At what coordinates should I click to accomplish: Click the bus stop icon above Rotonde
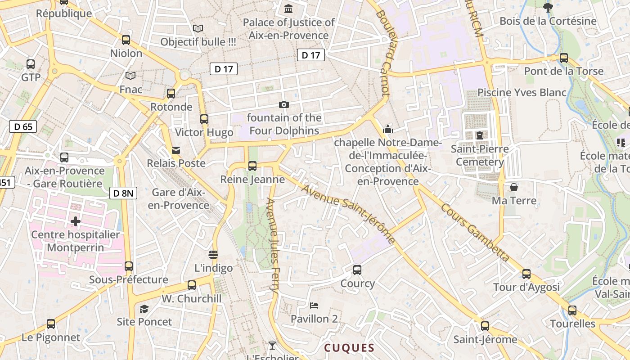pyautogui.click(x=171, y=94)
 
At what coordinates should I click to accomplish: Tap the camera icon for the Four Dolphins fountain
pyautogui.click(x=284, y=104)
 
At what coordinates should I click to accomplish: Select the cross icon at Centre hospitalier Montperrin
pyautogui.click(x=75, y=221)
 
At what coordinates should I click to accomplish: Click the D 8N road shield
pyautogui.click(x=123, y=193)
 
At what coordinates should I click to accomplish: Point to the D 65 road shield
pyautogui.click(x=23, y=126)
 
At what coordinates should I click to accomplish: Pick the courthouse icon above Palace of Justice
pyautogui.click(x=288, y=9)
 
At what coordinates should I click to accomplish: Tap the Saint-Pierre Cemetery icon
pyautogui.click(x=480, y=135)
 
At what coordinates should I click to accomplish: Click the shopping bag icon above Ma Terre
pyautogui.click(x=514, y=187)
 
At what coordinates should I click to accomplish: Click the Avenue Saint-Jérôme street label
pyautogui.click(x=348, y=214)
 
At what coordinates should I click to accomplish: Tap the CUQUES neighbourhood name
pyautogui.click(x=349, y=348)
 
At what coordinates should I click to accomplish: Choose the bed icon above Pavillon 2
pyautogui.click(x=314, y=306)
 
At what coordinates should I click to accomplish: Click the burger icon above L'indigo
pyautogui.click(x=213, y=255)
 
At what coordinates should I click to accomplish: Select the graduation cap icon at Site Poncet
pyautogui.click(x=144, y=309)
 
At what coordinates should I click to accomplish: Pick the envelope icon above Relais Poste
pyautogui.click(x=176, y=150)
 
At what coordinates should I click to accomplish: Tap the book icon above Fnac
pyautogui.click(x=130, y=76)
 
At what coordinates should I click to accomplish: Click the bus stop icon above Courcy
pyautogui.click(x=357, y=270)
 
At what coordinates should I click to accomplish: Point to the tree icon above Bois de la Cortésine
pyautogui.click(x=548, y=7)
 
